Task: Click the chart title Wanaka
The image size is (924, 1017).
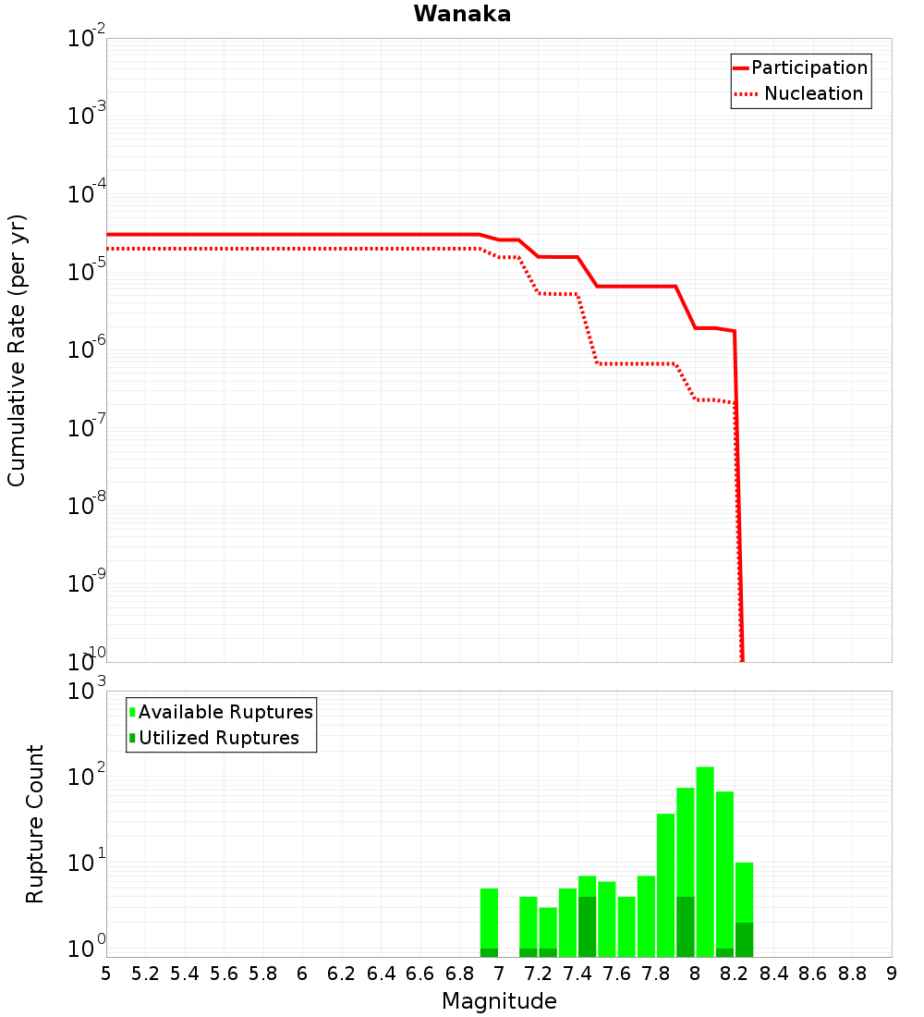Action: pos(462,14)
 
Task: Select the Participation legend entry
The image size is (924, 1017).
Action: pos(808,67)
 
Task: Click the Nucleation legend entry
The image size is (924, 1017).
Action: pos(812,93)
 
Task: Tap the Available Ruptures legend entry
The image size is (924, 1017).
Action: pos(225,712)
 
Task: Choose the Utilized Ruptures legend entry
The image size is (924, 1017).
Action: pos(218,738)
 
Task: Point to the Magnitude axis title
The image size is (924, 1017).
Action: pos(499,1001)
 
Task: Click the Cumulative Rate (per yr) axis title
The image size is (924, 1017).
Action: pos(17,349)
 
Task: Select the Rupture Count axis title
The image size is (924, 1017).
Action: pos(35,824)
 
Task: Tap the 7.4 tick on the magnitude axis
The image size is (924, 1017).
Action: pos(577,974)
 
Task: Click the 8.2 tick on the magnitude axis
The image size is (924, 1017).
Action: pos(735,974)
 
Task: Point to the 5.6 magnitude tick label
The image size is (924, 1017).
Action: pos(224,974)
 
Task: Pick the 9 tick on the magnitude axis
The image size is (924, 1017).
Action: pos(892,974)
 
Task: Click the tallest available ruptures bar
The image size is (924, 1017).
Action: pos(705,860)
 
